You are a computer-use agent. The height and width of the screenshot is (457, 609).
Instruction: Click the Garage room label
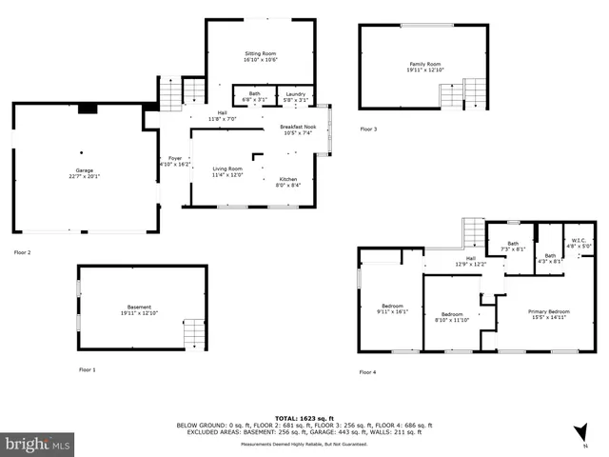(84, 173)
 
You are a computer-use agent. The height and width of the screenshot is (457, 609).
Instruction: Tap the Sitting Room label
(260, 57)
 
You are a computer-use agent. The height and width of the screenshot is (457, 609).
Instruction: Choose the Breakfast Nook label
(298, 129)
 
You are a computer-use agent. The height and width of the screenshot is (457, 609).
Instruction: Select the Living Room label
(227, 171)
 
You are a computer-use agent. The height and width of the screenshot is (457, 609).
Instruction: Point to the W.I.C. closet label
(579, 243)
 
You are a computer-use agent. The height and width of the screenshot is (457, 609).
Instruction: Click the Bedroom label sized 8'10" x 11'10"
(451, 317)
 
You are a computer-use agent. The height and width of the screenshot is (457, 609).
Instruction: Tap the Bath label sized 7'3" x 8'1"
(513, 246)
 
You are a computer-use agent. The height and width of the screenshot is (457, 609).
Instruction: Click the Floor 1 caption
(88, 369)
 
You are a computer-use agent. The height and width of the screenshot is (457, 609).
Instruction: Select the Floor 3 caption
(368, 129)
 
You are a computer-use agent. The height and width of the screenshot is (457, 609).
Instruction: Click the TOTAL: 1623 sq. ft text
(304, 418)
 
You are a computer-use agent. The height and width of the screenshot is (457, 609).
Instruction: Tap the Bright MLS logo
(38, 444)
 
